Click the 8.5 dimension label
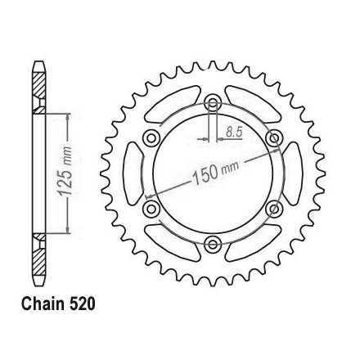(234, 133)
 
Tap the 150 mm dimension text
(216, 172)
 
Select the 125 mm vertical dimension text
(65, 171)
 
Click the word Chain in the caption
(43, 304)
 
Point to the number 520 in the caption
(82, 304)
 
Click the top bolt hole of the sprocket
(213, 103)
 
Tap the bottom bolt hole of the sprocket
(213, 244)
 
